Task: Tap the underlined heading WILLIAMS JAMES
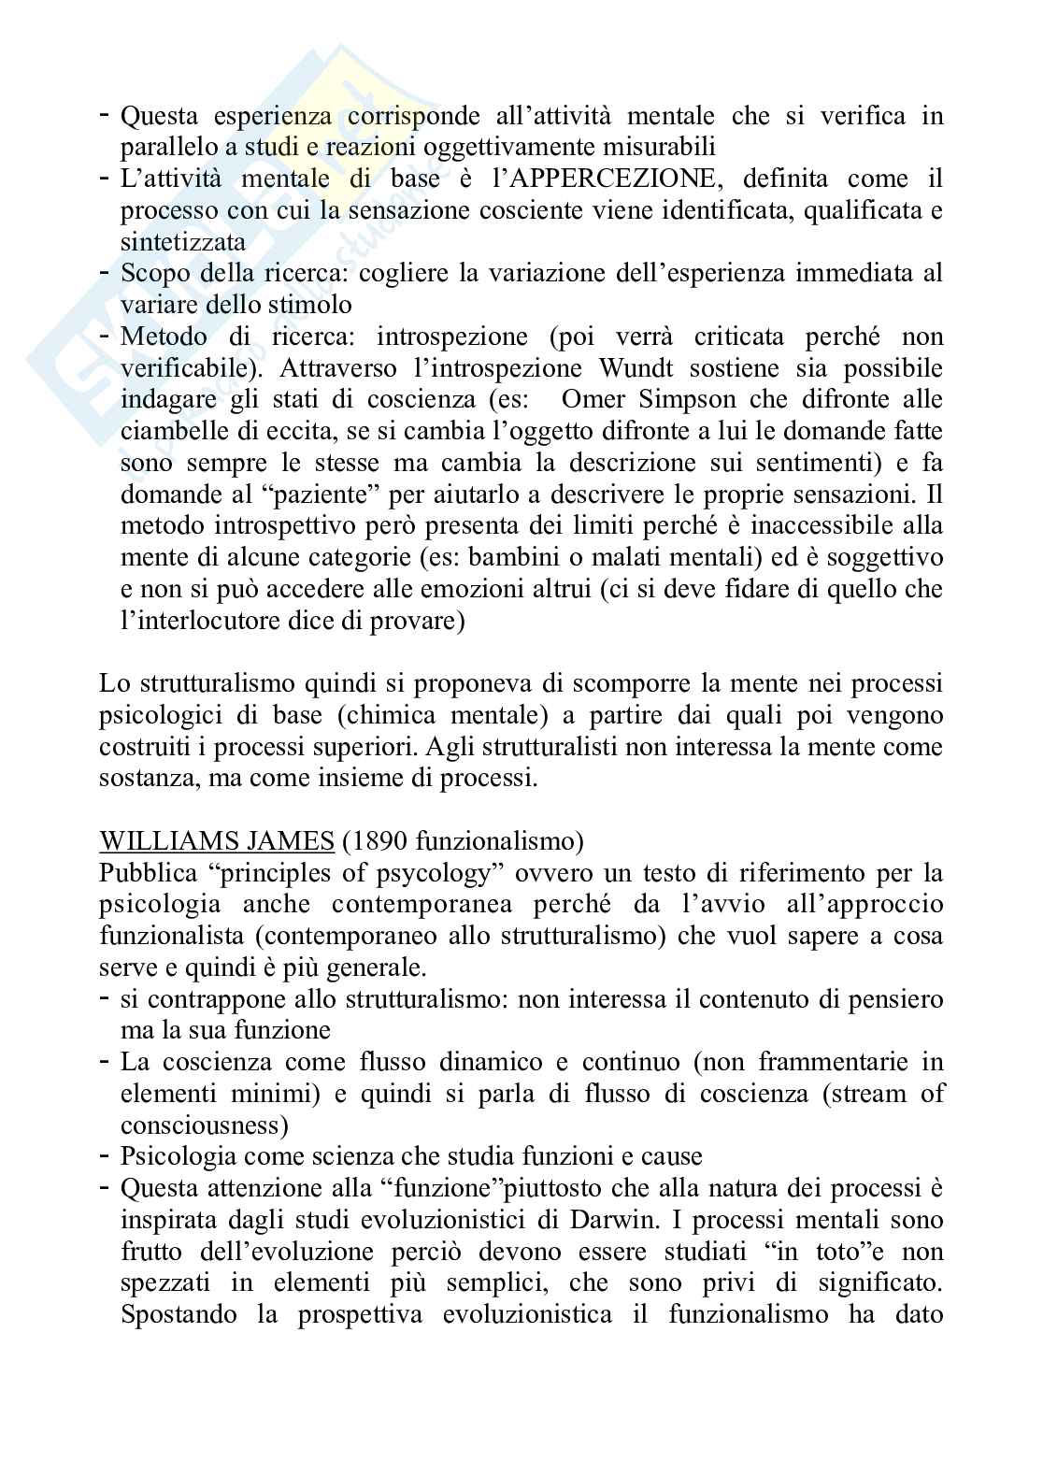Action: tap(217, 841)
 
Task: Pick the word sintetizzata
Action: tap(183, 242)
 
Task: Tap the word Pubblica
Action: tap(149, 873)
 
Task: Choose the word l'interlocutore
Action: tap(207, 622)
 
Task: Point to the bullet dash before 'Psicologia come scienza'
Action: tap(106, 1154)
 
